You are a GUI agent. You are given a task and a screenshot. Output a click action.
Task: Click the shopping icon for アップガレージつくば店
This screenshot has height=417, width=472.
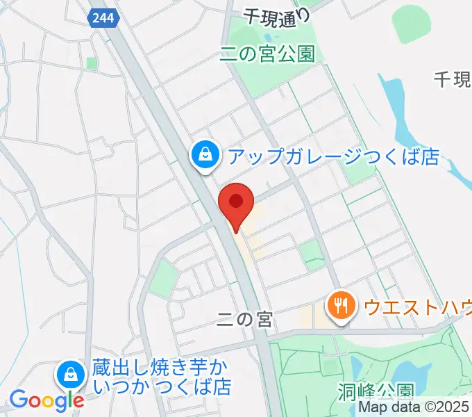click(x=206, y=156)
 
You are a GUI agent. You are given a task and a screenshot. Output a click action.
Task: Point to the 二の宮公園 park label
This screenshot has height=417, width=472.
click(x=267, y=54)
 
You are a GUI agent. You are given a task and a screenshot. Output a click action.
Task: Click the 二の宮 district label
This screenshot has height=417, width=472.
click(x=244, y=320)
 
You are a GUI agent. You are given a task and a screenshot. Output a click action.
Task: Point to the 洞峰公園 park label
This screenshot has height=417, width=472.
click(x=377, y=391)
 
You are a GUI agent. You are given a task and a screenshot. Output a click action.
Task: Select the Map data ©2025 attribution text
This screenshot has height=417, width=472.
click(x=414, y=408)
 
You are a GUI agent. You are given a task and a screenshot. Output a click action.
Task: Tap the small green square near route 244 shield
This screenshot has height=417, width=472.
click(x=91, y=63)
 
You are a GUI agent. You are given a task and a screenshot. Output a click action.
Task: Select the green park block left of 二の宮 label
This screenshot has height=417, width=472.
click(x=165, y=276)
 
